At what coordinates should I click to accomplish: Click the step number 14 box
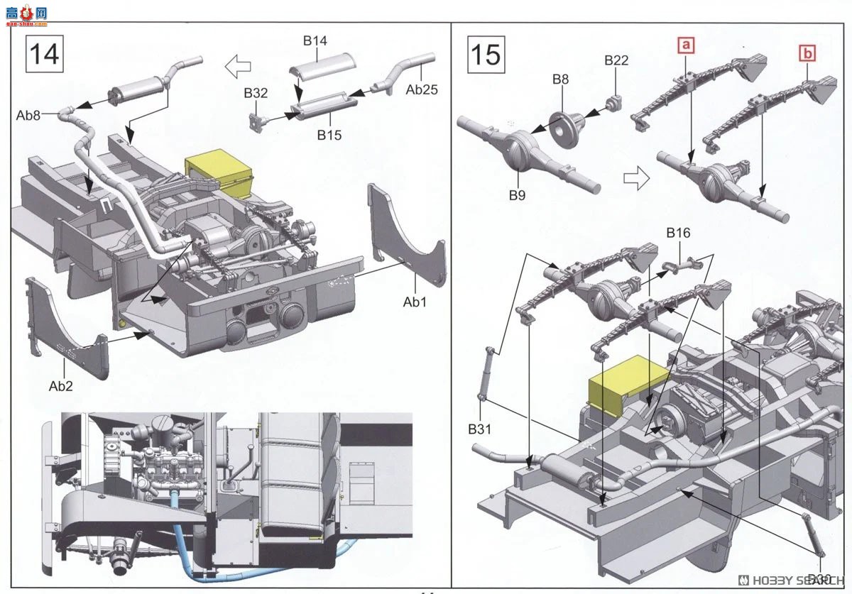[x=44, y=53]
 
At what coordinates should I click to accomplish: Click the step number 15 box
[x=486, y=53]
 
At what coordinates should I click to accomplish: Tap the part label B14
[x=315, y=40]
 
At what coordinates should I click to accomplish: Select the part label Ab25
[x=422, y=90]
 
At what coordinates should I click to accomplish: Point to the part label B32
[x=256, y=93]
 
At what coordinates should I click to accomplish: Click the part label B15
[x=329, y=134]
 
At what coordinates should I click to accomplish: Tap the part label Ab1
[x=415, y=302]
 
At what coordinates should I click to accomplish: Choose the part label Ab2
[x=60, y=386]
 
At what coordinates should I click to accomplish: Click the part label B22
[x=616, y=60]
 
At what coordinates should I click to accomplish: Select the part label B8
[x=560, y=79]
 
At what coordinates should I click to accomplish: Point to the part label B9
[x=516, y=196]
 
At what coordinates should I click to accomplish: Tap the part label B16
[x=678, y=233]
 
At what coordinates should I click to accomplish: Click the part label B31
[x=480, y=429]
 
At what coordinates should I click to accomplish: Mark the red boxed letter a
[x=685, y=46]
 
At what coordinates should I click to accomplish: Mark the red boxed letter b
[x=807, y=53]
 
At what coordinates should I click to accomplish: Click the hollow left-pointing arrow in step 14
[x=238, y=67]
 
